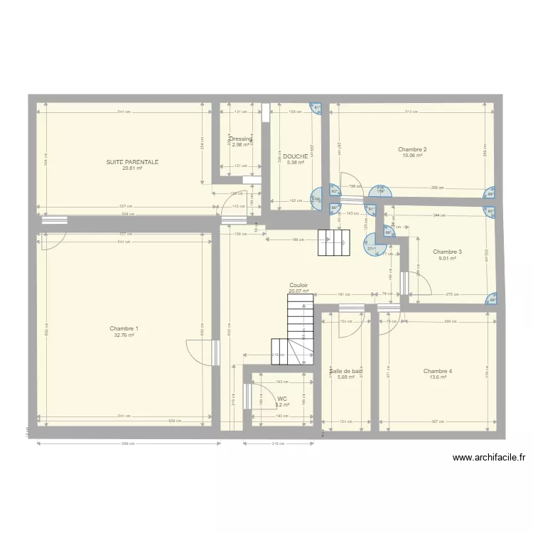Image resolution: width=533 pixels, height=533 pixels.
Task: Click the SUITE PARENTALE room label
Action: (132, 162)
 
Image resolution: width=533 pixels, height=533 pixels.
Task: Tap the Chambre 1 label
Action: (124, 328)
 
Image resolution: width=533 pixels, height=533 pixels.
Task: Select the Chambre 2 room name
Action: (412, 149)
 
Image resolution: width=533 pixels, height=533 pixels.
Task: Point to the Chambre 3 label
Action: (447, 252)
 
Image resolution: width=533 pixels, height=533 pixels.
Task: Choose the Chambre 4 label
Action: (437, 371)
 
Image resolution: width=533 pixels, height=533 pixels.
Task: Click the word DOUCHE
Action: (295, 156)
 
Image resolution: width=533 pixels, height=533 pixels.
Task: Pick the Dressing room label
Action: (241, 139)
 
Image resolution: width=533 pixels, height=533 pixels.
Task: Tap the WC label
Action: (282, 399)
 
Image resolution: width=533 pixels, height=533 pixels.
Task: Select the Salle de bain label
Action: (346, 371)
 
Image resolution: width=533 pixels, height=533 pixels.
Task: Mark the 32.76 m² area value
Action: (124, 335)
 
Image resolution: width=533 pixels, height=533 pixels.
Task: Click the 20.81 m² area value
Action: (132, 168)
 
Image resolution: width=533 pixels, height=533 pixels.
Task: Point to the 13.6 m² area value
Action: (437, 377)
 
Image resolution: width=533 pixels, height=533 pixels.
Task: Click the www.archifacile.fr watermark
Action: (488, 458)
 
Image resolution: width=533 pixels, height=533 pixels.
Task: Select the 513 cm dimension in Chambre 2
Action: (411, 112)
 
